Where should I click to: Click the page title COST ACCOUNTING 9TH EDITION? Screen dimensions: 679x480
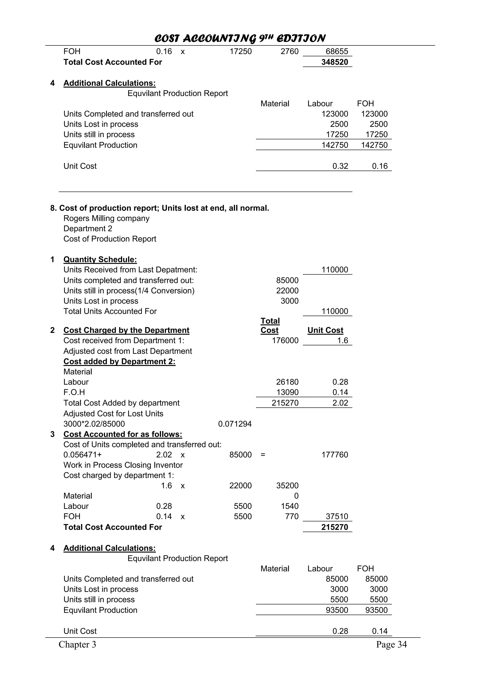(x=240, y=38)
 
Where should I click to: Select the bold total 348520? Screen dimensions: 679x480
(x=334, y=62)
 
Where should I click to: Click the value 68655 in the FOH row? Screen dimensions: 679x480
(x=337, y=52)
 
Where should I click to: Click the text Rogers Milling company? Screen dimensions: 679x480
(x=106, y=218)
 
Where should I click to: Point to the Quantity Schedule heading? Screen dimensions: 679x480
(x=100, y=259)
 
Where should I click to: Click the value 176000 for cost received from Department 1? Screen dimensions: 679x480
(x=285, y=340)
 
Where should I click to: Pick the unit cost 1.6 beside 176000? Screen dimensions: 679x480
(x=342, y=340)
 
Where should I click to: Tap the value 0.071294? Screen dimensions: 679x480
(x=235, y=424)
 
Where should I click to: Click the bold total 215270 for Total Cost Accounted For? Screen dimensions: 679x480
(x=334, y=527)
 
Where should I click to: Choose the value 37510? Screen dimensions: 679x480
(x=337, y=516)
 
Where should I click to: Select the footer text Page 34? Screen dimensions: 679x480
(x=391, y=644)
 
